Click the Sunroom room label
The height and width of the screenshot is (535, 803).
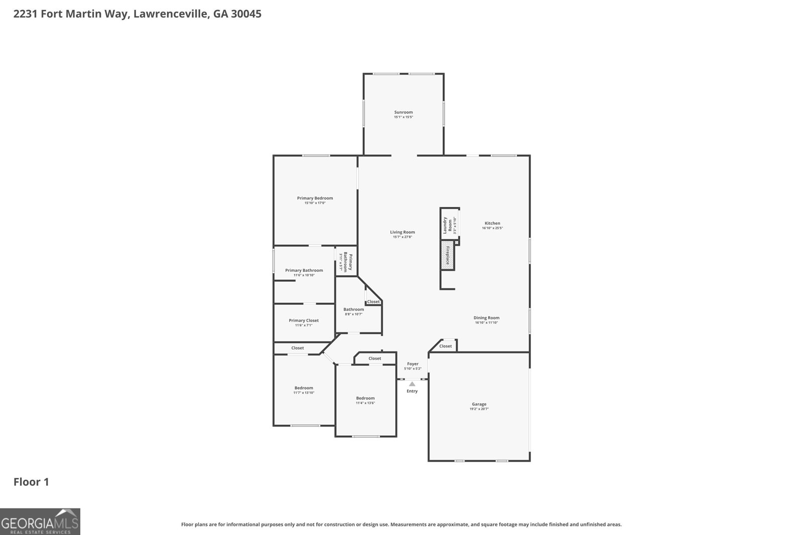[x=403, y=112]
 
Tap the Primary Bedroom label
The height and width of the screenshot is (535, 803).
[x=315, y=198]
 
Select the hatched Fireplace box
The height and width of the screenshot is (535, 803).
[x=447, y=255]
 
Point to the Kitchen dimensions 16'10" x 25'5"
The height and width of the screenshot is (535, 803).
[x=492, y=228]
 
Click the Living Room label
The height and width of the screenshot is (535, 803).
[x=402, y=232]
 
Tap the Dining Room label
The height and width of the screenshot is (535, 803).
[x=486, y=318]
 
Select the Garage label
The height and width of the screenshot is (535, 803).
[x=479, y=404]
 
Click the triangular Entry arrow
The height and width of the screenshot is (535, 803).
[x=412, y=384]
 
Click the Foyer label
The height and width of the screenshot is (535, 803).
[x=413, y=364]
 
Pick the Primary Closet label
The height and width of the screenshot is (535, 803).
[x=304, y=320]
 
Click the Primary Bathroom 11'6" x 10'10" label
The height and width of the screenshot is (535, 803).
[x=304, y=272]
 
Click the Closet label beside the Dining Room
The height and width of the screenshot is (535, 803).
[x=445, y=346]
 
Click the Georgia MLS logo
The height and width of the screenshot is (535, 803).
[x=40, y=521]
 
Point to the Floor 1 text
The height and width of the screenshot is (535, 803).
[x=31, y=482]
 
